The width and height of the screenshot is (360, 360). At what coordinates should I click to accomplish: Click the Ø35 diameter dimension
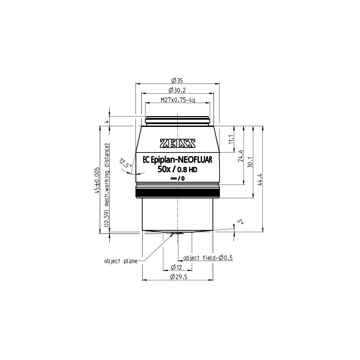[177, 81]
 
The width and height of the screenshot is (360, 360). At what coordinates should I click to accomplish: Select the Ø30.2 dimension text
[177, 90]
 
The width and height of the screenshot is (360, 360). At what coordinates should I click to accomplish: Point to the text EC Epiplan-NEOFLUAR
[178, 159]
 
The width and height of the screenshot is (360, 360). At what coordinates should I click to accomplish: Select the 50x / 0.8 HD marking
[178, 169]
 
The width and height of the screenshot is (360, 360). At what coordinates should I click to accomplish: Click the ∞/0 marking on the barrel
[178, 179]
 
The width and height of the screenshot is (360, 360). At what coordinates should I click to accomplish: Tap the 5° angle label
[241, 221]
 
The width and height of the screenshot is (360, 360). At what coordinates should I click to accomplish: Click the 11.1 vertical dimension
[231, 139]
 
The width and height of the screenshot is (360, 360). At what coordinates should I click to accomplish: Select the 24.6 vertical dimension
[241, 155]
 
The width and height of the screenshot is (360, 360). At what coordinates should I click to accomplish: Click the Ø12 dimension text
[177, 267]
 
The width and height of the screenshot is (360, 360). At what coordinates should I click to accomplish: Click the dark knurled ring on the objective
[178, 193]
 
